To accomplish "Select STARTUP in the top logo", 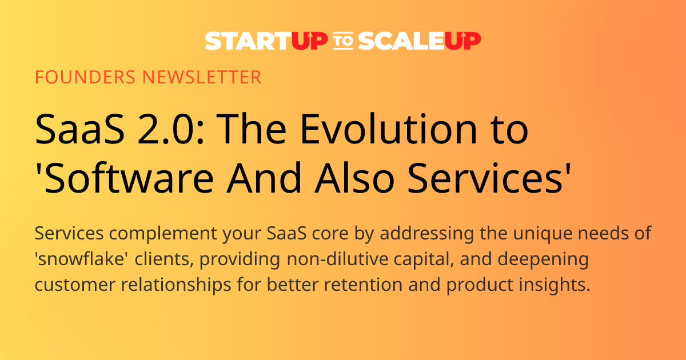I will point(266,41).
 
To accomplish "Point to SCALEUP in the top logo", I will point(420,41).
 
